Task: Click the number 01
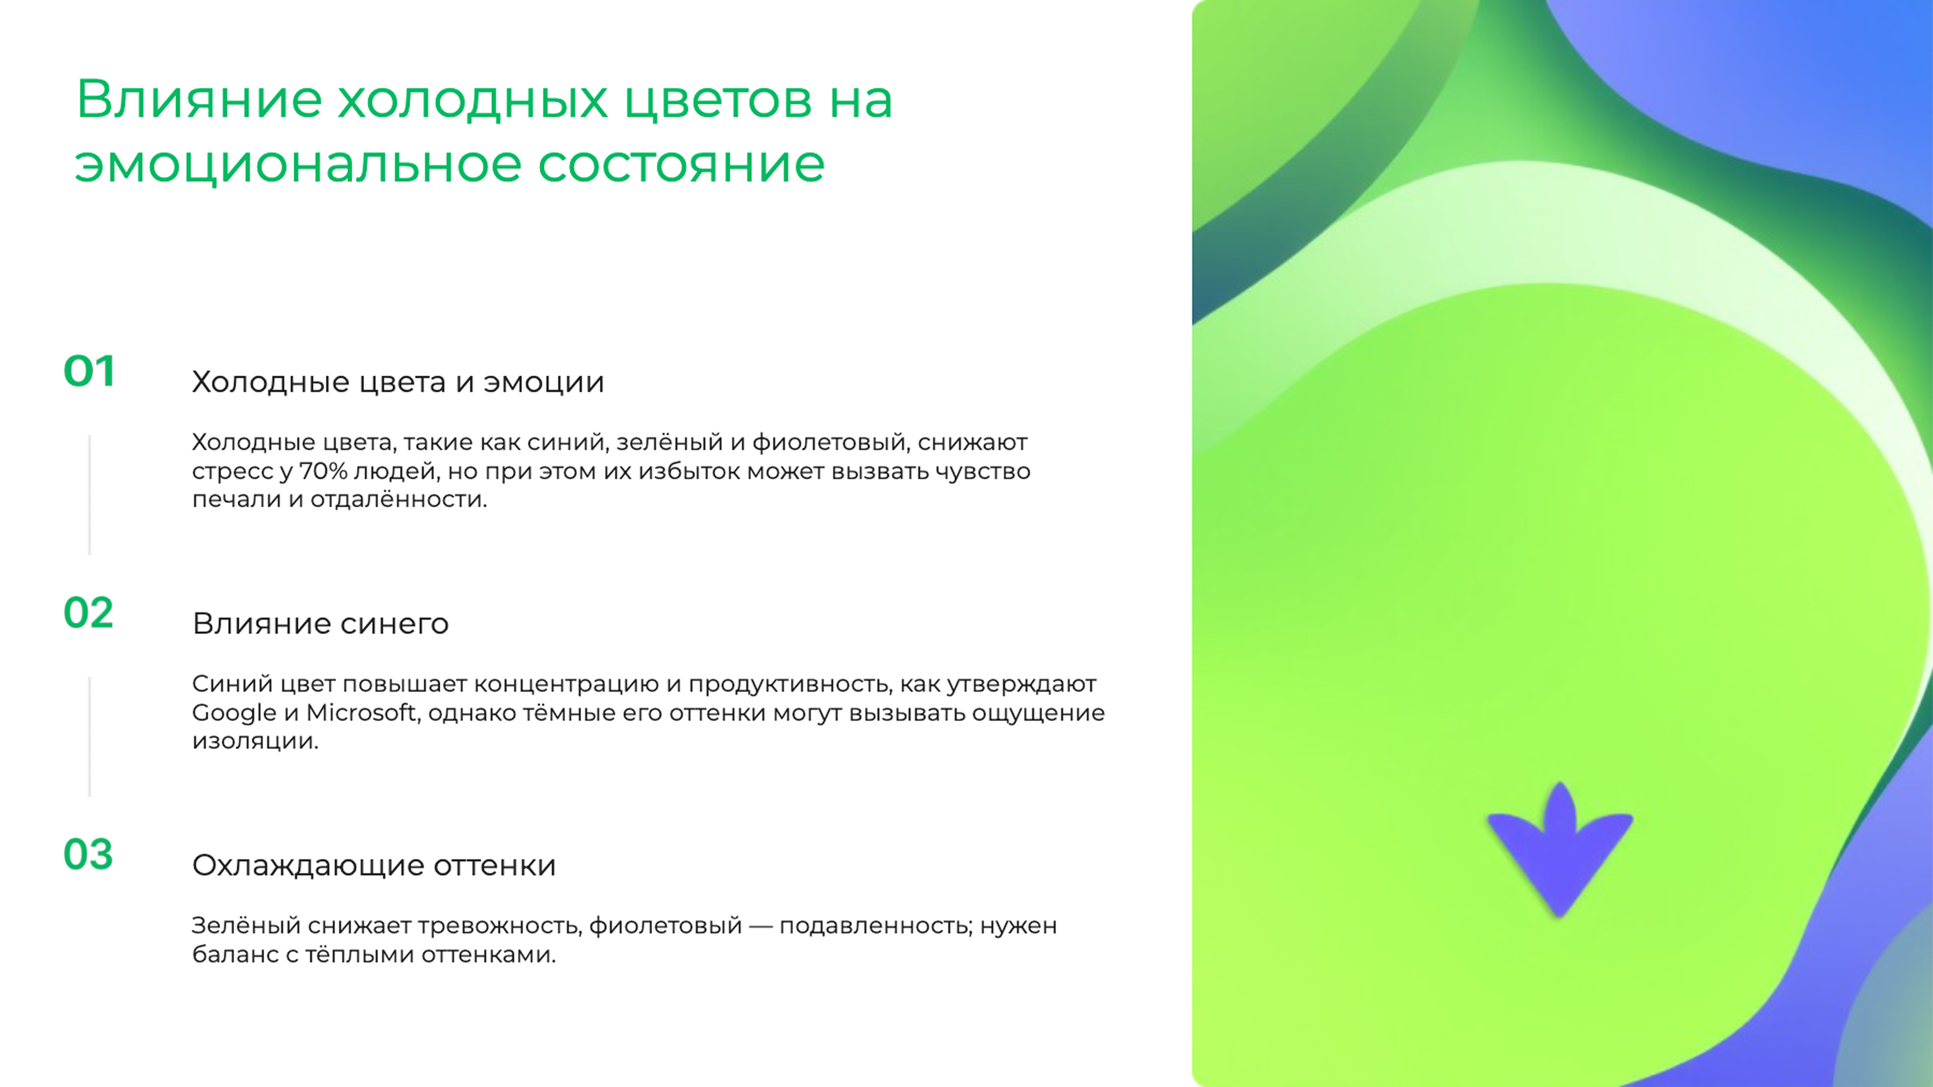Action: [89, 371]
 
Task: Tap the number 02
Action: [89, 613]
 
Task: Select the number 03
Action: [89, 855]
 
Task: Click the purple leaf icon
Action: [1559, 851]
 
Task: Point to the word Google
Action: [234, 713]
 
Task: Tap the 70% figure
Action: [323, 471]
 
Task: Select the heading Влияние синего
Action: [321, 623]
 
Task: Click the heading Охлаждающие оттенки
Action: [374, 865]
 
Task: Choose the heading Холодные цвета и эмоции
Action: [398, 382]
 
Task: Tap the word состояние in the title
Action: [681, 164]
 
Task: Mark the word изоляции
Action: [255, 741]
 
